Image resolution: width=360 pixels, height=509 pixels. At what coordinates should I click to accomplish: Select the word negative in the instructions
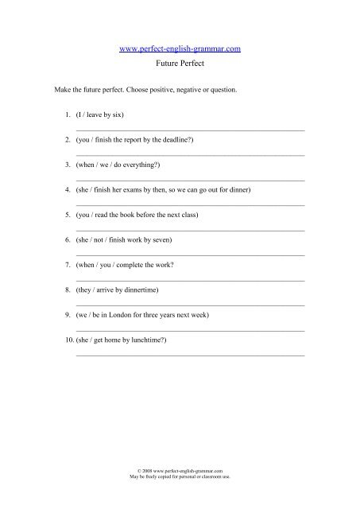(x=188, y=91)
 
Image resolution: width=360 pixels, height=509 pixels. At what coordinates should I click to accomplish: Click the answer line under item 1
(x=190, y=129)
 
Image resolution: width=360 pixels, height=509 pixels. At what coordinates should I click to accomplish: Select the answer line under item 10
(x=190, y=354)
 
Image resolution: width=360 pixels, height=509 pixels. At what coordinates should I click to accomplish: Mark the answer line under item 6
(x=190, y=254)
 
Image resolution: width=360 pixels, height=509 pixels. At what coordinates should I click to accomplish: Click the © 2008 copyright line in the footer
(x=180, y=471)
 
